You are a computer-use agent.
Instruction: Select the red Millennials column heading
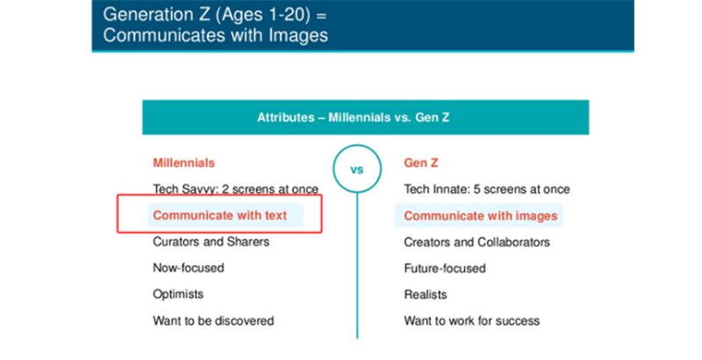click(x=183, y=162)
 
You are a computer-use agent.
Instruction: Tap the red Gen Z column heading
click(x=421, y=162)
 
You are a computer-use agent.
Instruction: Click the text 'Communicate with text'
click(x=220, y=215)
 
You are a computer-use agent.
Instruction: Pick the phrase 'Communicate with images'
click(x=481, y=216)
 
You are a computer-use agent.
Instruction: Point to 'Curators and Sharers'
click(x=211, y=241)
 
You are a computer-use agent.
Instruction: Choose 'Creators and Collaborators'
click(x=476, y=242)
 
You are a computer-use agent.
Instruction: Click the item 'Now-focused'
click(x=189, y=268)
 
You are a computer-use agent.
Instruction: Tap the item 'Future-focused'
click(x=445, y=268)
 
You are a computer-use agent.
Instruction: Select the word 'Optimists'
click(x=178, y=294)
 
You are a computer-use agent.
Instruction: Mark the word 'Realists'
click(x=426, y=295)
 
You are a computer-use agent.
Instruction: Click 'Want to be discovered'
click(x=213, y=320)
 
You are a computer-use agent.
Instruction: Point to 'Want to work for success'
click(x=472, y=320)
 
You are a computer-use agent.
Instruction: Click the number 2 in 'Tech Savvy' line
click(x=226, y=189)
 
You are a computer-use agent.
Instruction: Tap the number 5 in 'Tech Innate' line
click(x=476, y=189)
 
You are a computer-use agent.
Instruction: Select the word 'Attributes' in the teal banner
click(x=286, y=118)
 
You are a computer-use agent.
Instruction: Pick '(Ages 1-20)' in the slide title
click(x=262, y=15)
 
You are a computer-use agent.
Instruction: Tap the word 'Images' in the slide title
click(x=298, y=35)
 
